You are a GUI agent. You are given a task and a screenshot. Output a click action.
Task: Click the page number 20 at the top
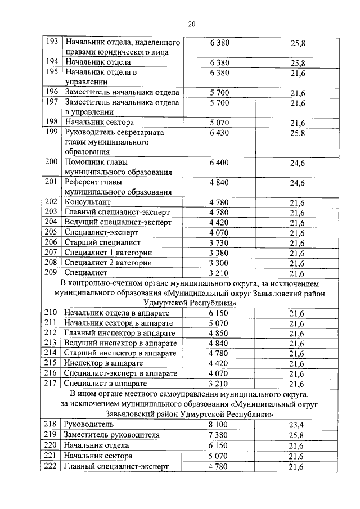[191, 23]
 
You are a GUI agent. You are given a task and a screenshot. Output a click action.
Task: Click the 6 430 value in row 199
[219, 132]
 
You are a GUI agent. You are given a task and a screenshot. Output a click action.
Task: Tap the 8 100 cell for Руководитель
[219, 424]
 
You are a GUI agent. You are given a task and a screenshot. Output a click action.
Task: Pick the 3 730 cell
[219, 242]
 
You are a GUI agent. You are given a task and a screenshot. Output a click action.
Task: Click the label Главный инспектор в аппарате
[120, 333]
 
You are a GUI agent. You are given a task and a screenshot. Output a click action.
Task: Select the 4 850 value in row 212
[219, 333]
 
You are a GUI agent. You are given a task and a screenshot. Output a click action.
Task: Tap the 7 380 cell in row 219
[219, 435]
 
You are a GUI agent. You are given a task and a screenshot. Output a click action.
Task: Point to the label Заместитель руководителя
[112, 435]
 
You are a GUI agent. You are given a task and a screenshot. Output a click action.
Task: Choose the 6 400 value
[219, 162]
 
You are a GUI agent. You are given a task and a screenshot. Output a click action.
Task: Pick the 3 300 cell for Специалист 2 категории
[219, 263]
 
